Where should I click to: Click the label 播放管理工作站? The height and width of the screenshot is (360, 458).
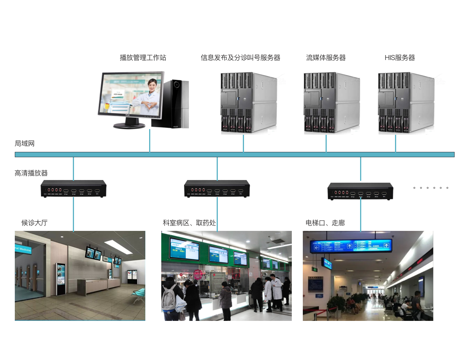[x=143, y=58]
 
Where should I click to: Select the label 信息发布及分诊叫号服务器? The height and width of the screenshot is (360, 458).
[x=240, y=58]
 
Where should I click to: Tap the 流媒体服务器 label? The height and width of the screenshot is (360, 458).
[x=326, y=58]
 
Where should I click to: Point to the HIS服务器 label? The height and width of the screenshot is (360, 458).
[x=400, y=58]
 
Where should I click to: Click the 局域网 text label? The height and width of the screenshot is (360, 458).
[x=25, y=144]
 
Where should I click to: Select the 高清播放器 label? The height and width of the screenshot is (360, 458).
[x=31, y=173]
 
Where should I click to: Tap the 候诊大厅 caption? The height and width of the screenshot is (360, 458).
[x=35, y=223]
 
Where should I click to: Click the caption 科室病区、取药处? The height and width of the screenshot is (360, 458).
[x=189, y=223]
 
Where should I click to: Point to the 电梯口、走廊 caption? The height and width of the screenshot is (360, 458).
[x=325, y=223]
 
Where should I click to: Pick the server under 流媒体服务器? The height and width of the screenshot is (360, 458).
[x=331, y=103]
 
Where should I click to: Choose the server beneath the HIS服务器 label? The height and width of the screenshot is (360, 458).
[x=406, y=103]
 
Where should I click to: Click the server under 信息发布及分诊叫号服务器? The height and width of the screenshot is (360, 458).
[x=249, y=103]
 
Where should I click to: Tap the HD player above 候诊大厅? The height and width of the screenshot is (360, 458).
[x=74, y=189]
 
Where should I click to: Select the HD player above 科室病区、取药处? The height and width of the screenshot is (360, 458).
[x=217, y=189]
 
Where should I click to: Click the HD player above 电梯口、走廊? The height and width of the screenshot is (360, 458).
[x=360, y=191]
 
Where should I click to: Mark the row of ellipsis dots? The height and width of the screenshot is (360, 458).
[x=431, y=188]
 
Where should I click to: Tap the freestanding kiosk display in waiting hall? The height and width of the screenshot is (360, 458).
[x=60, y=279]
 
